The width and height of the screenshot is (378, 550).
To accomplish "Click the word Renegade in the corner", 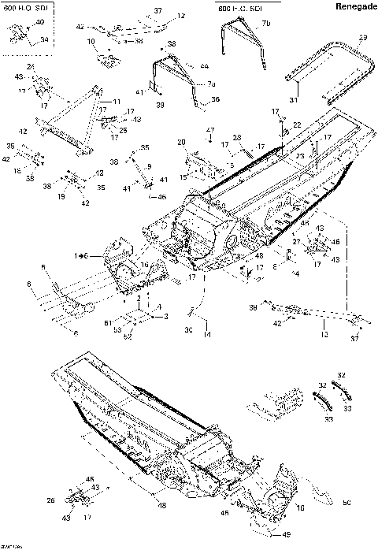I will [350, 7].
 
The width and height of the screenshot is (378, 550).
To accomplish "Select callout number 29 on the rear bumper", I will [362, 39].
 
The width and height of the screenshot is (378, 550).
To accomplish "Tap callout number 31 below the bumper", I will [294, 99].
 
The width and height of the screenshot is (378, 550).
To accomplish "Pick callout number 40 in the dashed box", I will [41, 24].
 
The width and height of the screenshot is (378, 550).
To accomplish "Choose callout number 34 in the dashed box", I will [44, 39].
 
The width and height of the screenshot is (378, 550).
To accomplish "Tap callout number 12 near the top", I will [181, 16].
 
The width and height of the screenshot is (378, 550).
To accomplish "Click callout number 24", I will [31, 68].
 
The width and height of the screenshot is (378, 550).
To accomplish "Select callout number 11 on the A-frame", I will [117, 102].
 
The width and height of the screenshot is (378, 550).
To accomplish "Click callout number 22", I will [296, 126].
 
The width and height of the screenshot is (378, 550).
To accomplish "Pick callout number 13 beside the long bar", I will [324, 335].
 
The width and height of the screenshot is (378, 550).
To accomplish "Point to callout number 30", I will [189, 329].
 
